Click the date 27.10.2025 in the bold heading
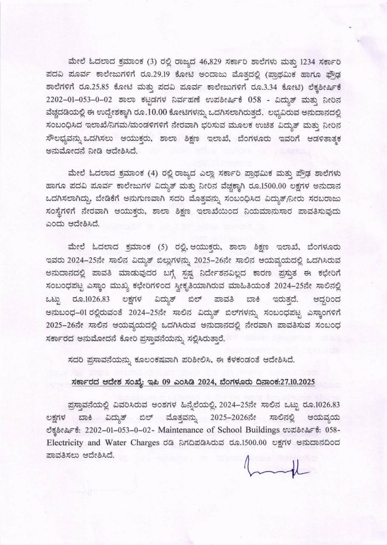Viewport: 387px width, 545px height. coord(296,382)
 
